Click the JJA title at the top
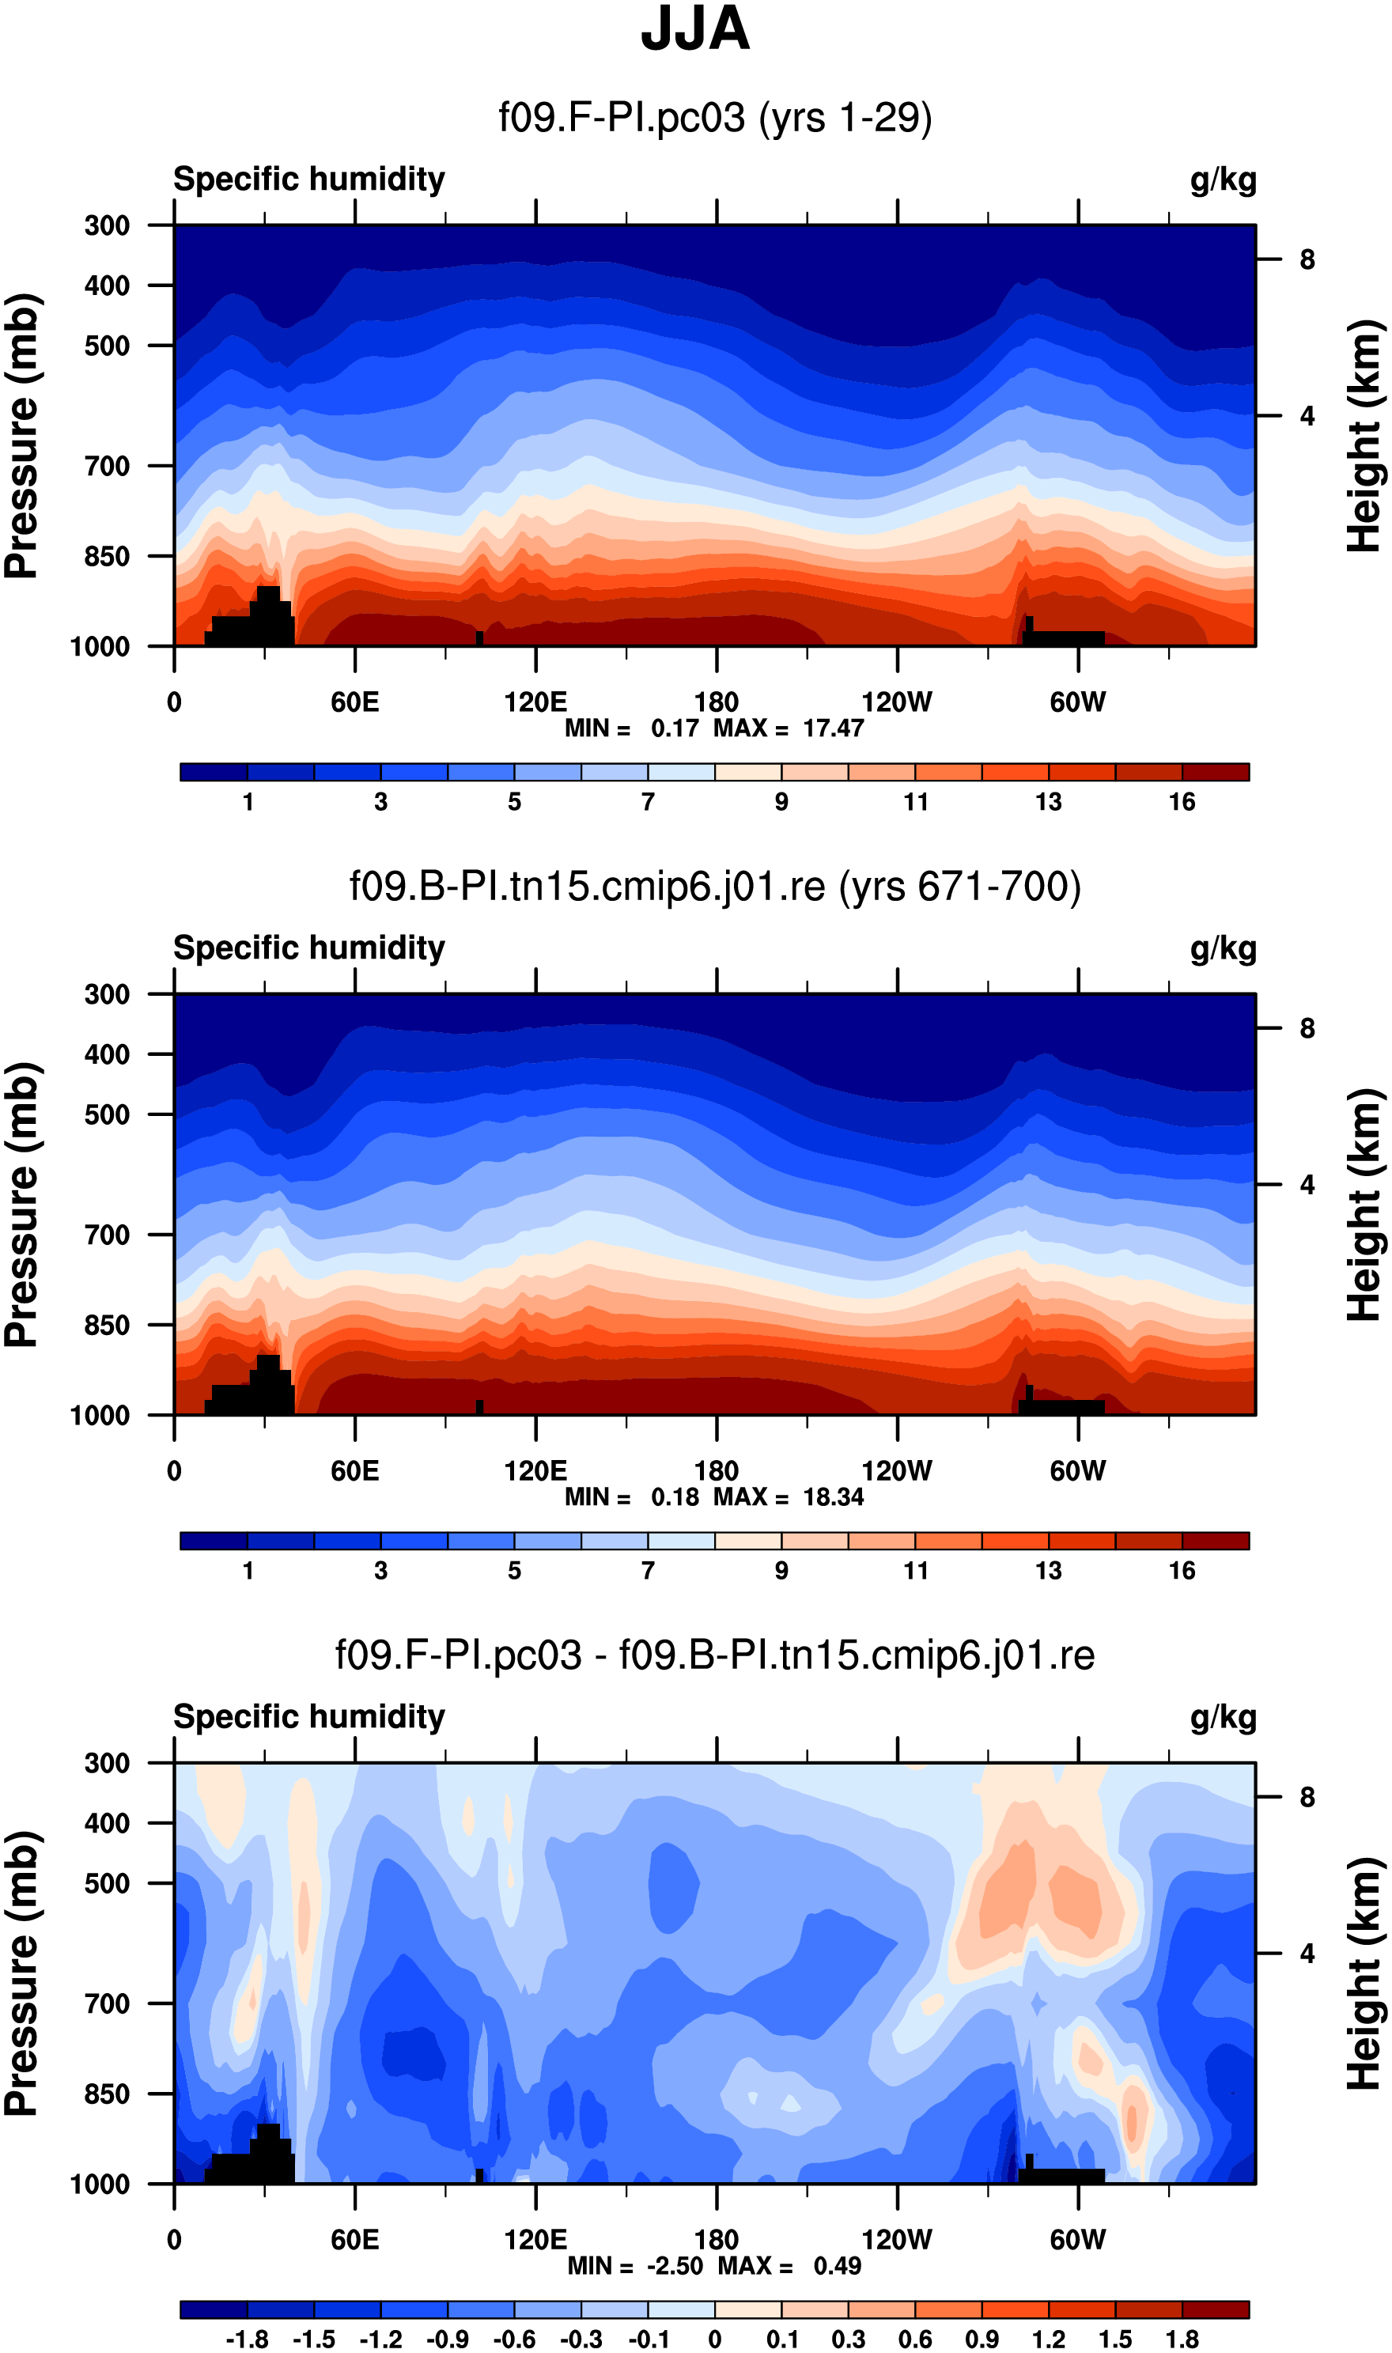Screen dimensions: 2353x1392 pyautogui.click(x=695, y=30)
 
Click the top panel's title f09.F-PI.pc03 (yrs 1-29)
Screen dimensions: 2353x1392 pyautogui.click(x=715, y=118)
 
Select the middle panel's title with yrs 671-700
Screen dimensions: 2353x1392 pyautogui.click(x=715, y=887)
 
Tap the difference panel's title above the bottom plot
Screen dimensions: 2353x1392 pyautogui.click(x=715, y=1655)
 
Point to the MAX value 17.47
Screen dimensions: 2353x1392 pyautogui.click(x=833, y=728)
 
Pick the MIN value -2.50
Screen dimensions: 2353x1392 pyautogui.click(x=675, y=2266)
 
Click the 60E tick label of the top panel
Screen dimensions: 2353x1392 pyautogui.click(x=354, y=702)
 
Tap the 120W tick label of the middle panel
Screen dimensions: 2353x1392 pyautogui.click(x=897, y=1470)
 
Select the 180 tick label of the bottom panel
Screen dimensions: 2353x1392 pyautogui.click(x=717, y=2240)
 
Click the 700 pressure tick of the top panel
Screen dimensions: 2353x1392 pyautogui.click(x=107, y=466)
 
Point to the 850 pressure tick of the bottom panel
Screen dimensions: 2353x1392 pyautogui.click(x=107, y=2094)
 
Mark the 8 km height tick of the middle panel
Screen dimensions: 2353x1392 pyautogui.click(x=1307, y=1029)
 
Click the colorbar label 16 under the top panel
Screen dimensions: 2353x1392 pyautogui.click(x=1182, y=802)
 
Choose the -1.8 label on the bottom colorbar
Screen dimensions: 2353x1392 pyautogui.click(x=247, y=2339)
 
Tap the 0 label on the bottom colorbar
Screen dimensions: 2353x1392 pyautogui.click(x=715, y=2339)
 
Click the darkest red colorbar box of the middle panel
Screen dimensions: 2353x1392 pyautogui.click(x=1216, y=1541)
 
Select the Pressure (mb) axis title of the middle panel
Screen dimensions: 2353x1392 pyautogui.click(x=22, y=1205)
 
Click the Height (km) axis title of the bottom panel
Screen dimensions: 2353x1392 pyautogui.click(x=1365, y=1974)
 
